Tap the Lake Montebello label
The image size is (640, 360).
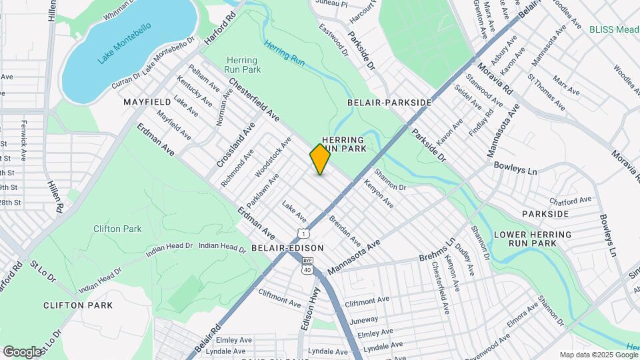click(x=124, y=43)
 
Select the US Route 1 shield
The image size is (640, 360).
click(x=303, y=233)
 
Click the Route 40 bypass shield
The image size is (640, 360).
click(x=307, y=265)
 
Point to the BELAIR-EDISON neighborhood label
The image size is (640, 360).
click(x=287, y=248)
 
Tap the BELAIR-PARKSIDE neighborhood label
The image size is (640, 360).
click(x=389, y=103)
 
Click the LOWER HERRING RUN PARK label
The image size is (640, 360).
click(x=531, y=239)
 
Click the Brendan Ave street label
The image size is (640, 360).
click(x=345, y=231)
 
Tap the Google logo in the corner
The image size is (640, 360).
click(x=21, y=351)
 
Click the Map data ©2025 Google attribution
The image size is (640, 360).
click(x=598, y=355)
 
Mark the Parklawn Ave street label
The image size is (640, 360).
click(x=262, y=190)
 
